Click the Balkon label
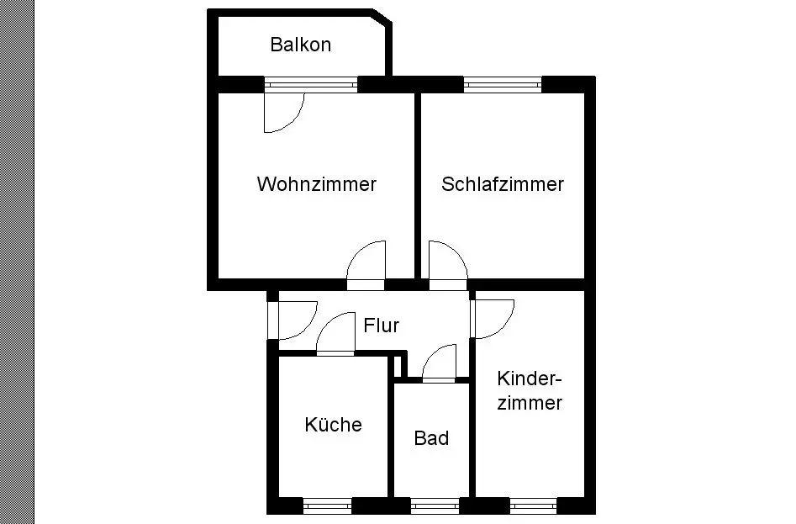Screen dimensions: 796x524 coord(301,45)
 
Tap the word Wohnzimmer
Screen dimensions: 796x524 coord(317,184)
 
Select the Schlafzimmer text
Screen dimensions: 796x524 coord(503,184)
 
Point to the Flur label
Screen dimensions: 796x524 coord(382,325)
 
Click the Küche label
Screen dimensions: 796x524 coord(334,424)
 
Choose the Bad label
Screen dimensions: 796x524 coord(431,437)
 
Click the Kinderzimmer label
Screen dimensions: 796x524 coord(530,390)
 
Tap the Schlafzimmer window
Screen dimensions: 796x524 coord(503,84)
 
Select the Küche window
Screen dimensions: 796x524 coord(328,505)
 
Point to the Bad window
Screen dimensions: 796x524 coord(435,505)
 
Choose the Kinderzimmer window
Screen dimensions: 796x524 coord(533,505)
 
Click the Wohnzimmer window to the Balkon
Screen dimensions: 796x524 coord(311,84)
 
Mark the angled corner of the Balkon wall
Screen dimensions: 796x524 coord(382,17)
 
